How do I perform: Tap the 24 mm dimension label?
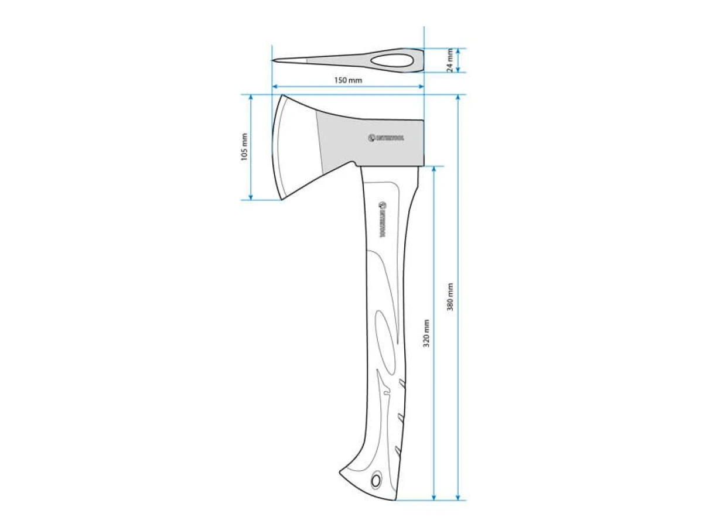pyautogui.click(x=449, y=60)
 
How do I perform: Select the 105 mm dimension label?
pyautogui.click(x=244, y=147)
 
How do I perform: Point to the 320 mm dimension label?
pyautogui.click(x=426, y=333)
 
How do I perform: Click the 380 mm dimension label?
pyautogui.click(x=450, y=297)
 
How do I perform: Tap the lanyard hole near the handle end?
pyautogui.click(x=376, y=480)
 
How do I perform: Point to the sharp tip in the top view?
pyautogui.click(x=274, y=60)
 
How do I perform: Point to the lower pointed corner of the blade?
pyautogui.click(x=282, y=200)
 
